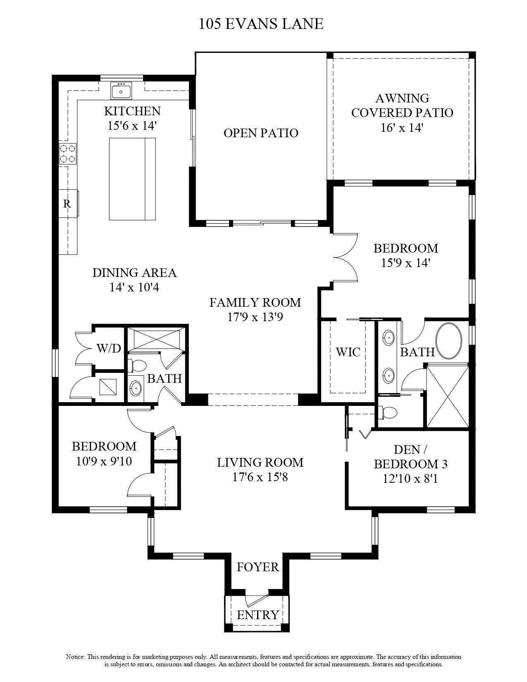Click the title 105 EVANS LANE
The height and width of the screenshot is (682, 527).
click(x=261, y=24)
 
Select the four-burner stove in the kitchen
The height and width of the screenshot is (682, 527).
click(x=68, y=153)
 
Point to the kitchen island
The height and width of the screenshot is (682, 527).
click(x=132, y=179)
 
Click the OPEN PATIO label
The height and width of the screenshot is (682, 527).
click(x=261, y=133)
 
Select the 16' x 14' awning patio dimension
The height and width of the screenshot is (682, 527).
click(x=402, y=128)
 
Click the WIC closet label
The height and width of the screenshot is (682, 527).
click(x=348, y=352)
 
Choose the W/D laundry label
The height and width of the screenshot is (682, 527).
click(x=109, y=348)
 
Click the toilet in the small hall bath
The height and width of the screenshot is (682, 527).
click(x=138, y=365)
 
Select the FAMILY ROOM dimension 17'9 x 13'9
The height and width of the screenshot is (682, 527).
click(x=255, y=317)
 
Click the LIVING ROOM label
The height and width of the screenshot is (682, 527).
click(x=260, y=462)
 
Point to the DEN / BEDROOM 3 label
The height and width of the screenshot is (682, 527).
click(x=410, y=456)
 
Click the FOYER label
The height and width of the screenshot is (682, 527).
click(x=258, y=567)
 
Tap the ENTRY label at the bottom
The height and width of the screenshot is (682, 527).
click(x=258, y=615)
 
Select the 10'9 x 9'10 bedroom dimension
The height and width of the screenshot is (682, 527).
click(x=104, y=461)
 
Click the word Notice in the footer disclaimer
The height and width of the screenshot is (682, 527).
click(x=75, y=657)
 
